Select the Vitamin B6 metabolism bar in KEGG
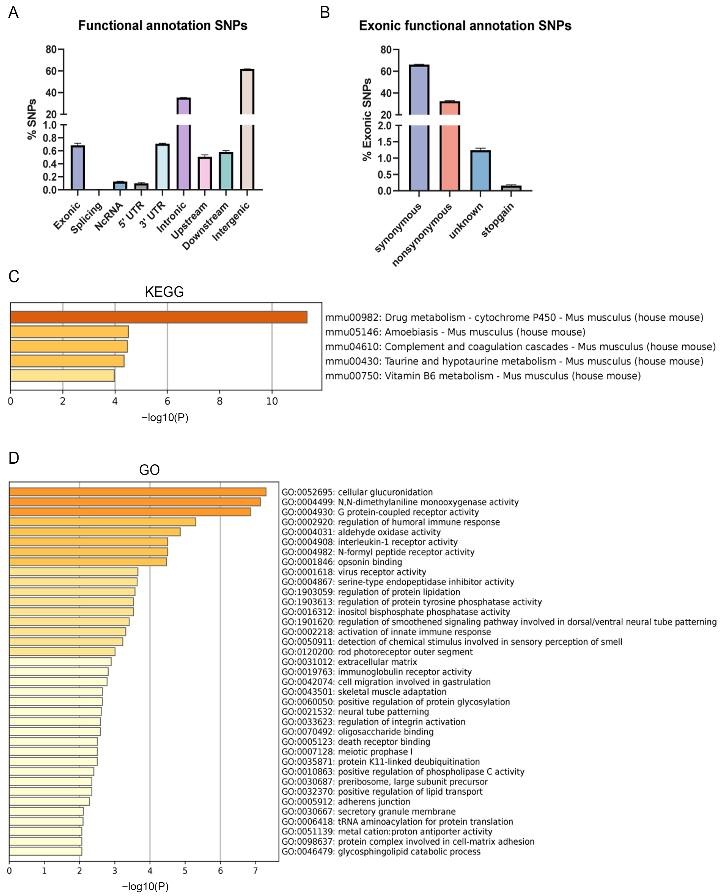(62, 375)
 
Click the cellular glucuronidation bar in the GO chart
(137, 492)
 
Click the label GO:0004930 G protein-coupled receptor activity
(380, 512)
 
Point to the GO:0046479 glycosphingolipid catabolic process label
(381, 852)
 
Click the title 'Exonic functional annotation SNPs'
(465, 26)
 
